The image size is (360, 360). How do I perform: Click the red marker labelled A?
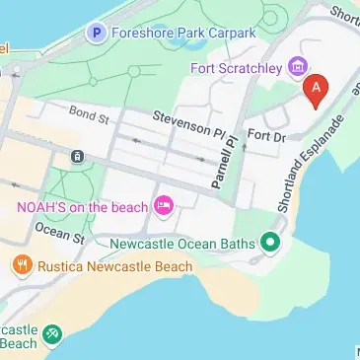[x=316, y=90]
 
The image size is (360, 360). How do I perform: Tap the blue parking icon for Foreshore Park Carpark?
[x=97, y=34]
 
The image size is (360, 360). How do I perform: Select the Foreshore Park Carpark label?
[x=183, y=33]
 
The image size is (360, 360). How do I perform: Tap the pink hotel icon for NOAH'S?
[x=164, y=206]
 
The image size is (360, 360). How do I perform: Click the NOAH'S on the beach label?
[x=82, y=206]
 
